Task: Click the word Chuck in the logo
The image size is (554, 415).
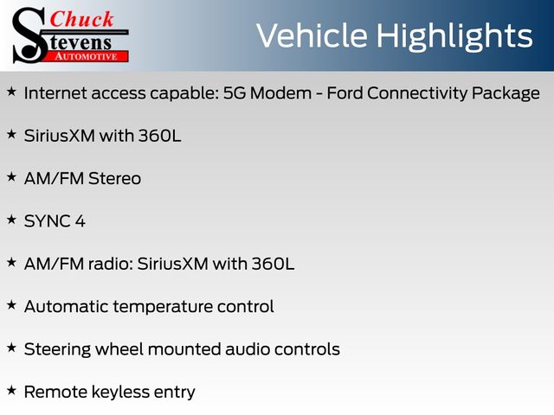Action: pyautogui.click(x=81, y=19)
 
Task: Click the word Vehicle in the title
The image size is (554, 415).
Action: pyautogui.click(x=312, y=35)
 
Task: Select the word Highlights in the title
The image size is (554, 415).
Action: pyautogui.click(x=454, y=36)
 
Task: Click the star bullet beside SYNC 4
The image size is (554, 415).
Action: pyautogui.click(x=11, y=220)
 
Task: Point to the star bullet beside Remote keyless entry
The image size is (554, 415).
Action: pyautogui.click(x=11, y=390)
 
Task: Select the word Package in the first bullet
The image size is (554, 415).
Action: pyautogui.click(x=506, y=94)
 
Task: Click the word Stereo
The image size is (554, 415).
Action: pyautogui.click(x=115, y=179)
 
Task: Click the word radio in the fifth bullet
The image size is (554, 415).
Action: pyautogui.click(x=110, y=264)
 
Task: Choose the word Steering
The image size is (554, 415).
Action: pyautogui.click(x=57, y=350)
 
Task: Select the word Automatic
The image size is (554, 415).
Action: pyautogui.click(x=67, y=307)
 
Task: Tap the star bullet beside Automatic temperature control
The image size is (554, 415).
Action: pyautogui.click(x=11, y=305)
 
